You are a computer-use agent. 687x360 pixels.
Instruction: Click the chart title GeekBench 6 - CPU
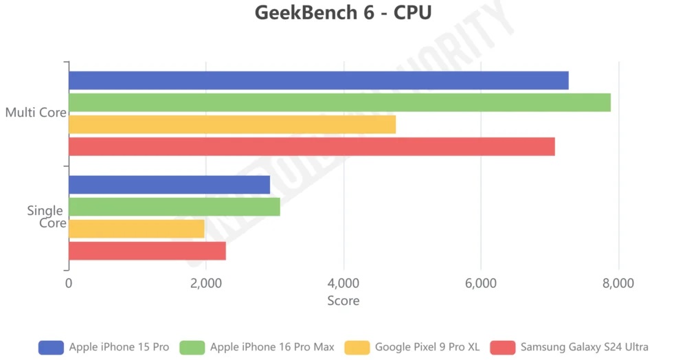point(343,13)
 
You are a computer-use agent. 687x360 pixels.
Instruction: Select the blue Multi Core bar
point(318,80)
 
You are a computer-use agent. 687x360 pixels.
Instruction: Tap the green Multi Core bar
point(339,102)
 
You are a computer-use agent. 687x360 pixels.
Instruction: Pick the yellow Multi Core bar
point(232,124)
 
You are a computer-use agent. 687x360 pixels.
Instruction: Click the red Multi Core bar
point(311,146)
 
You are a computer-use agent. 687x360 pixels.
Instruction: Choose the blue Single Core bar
point(169,185)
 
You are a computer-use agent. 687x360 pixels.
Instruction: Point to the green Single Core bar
point(174,207)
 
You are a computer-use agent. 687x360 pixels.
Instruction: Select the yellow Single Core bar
point(137,229)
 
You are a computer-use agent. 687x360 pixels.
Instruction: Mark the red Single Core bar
point(147,251)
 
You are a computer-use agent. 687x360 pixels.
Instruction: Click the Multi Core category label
point(35,113)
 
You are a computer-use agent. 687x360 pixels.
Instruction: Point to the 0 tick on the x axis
point(69,284)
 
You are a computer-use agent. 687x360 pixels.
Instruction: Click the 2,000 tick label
point(206,284)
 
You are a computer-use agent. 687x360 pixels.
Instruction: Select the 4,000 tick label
point(343,284)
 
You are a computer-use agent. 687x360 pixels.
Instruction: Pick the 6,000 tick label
point(481,284)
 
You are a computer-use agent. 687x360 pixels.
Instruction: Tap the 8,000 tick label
point(618,284)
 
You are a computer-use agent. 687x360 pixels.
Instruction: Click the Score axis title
point(343,301)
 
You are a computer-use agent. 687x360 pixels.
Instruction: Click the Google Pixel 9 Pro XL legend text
point(427,347)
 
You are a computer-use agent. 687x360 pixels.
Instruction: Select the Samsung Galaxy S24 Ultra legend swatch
point(502,347)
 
